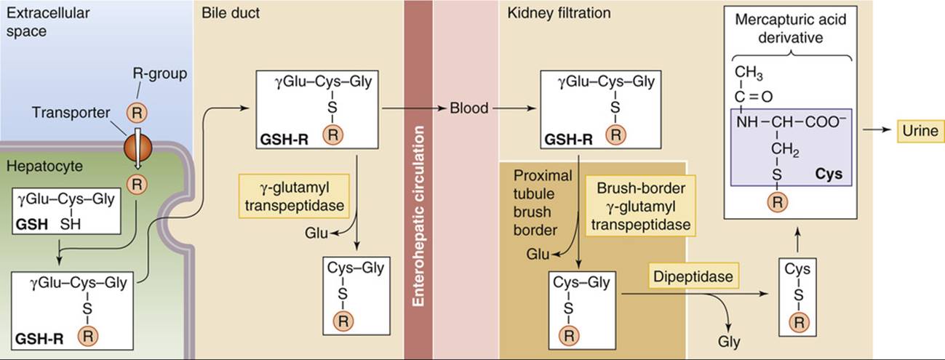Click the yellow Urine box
point(920,131)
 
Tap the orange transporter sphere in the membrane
point(137,148)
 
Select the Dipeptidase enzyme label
point(693,276)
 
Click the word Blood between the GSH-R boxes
point(468,108)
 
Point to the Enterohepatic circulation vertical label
point(418,216)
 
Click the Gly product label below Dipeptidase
point(729,342)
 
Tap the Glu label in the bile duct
point(316,233)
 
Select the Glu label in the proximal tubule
point(538,255)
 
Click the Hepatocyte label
point(44,167)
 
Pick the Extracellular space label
point(48,22)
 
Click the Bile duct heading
point(231,13)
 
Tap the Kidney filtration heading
point(559,13)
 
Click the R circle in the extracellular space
point(137,113)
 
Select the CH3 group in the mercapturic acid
point(749,73)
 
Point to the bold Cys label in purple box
point(829,174)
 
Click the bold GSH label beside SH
point(31,224)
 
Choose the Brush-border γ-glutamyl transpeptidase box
point(640,206)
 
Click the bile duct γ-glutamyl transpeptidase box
point(294,196)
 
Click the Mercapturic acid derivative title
point(790,28)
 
